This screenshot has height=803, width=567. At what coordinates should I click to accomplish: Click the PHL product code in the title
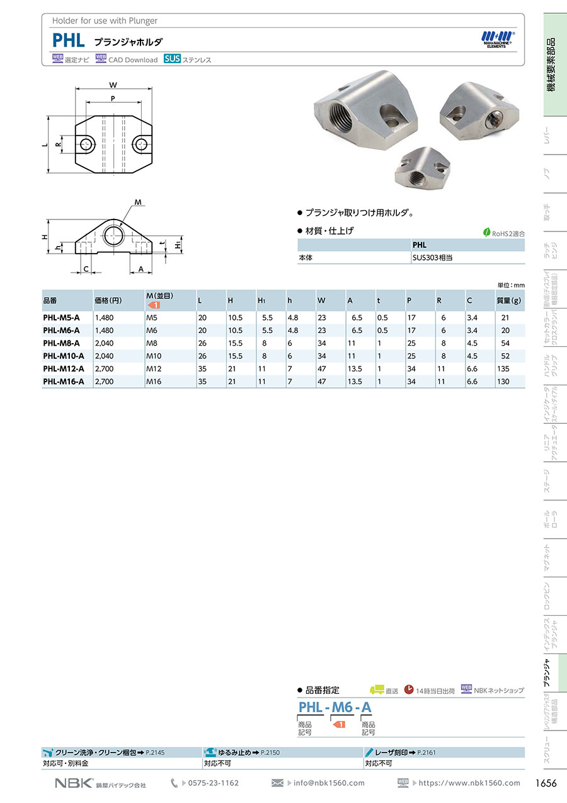(69, 40)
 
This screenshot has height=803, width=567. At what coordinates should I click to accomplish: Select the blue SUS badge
(172, 59)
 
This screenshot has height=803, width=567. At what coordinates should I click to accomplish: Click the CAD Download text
(133, 60)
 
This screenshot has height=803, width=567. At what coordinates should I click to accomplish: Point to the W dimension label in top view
(113, 85)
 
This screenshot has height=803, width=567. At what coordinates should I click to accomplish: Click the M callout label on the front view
(138, 202)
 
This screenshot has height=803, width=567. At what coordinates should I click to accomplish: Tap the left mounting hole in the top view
(86, 144)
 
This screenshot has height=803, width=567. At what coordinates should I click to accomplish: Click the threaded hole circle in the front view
(113, 235)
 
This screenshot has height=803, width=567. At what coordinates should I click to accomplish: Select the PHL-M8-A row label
(61, 343)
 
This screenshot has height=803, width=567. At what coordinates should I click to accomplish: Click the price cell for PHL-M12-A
(104, 368)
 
